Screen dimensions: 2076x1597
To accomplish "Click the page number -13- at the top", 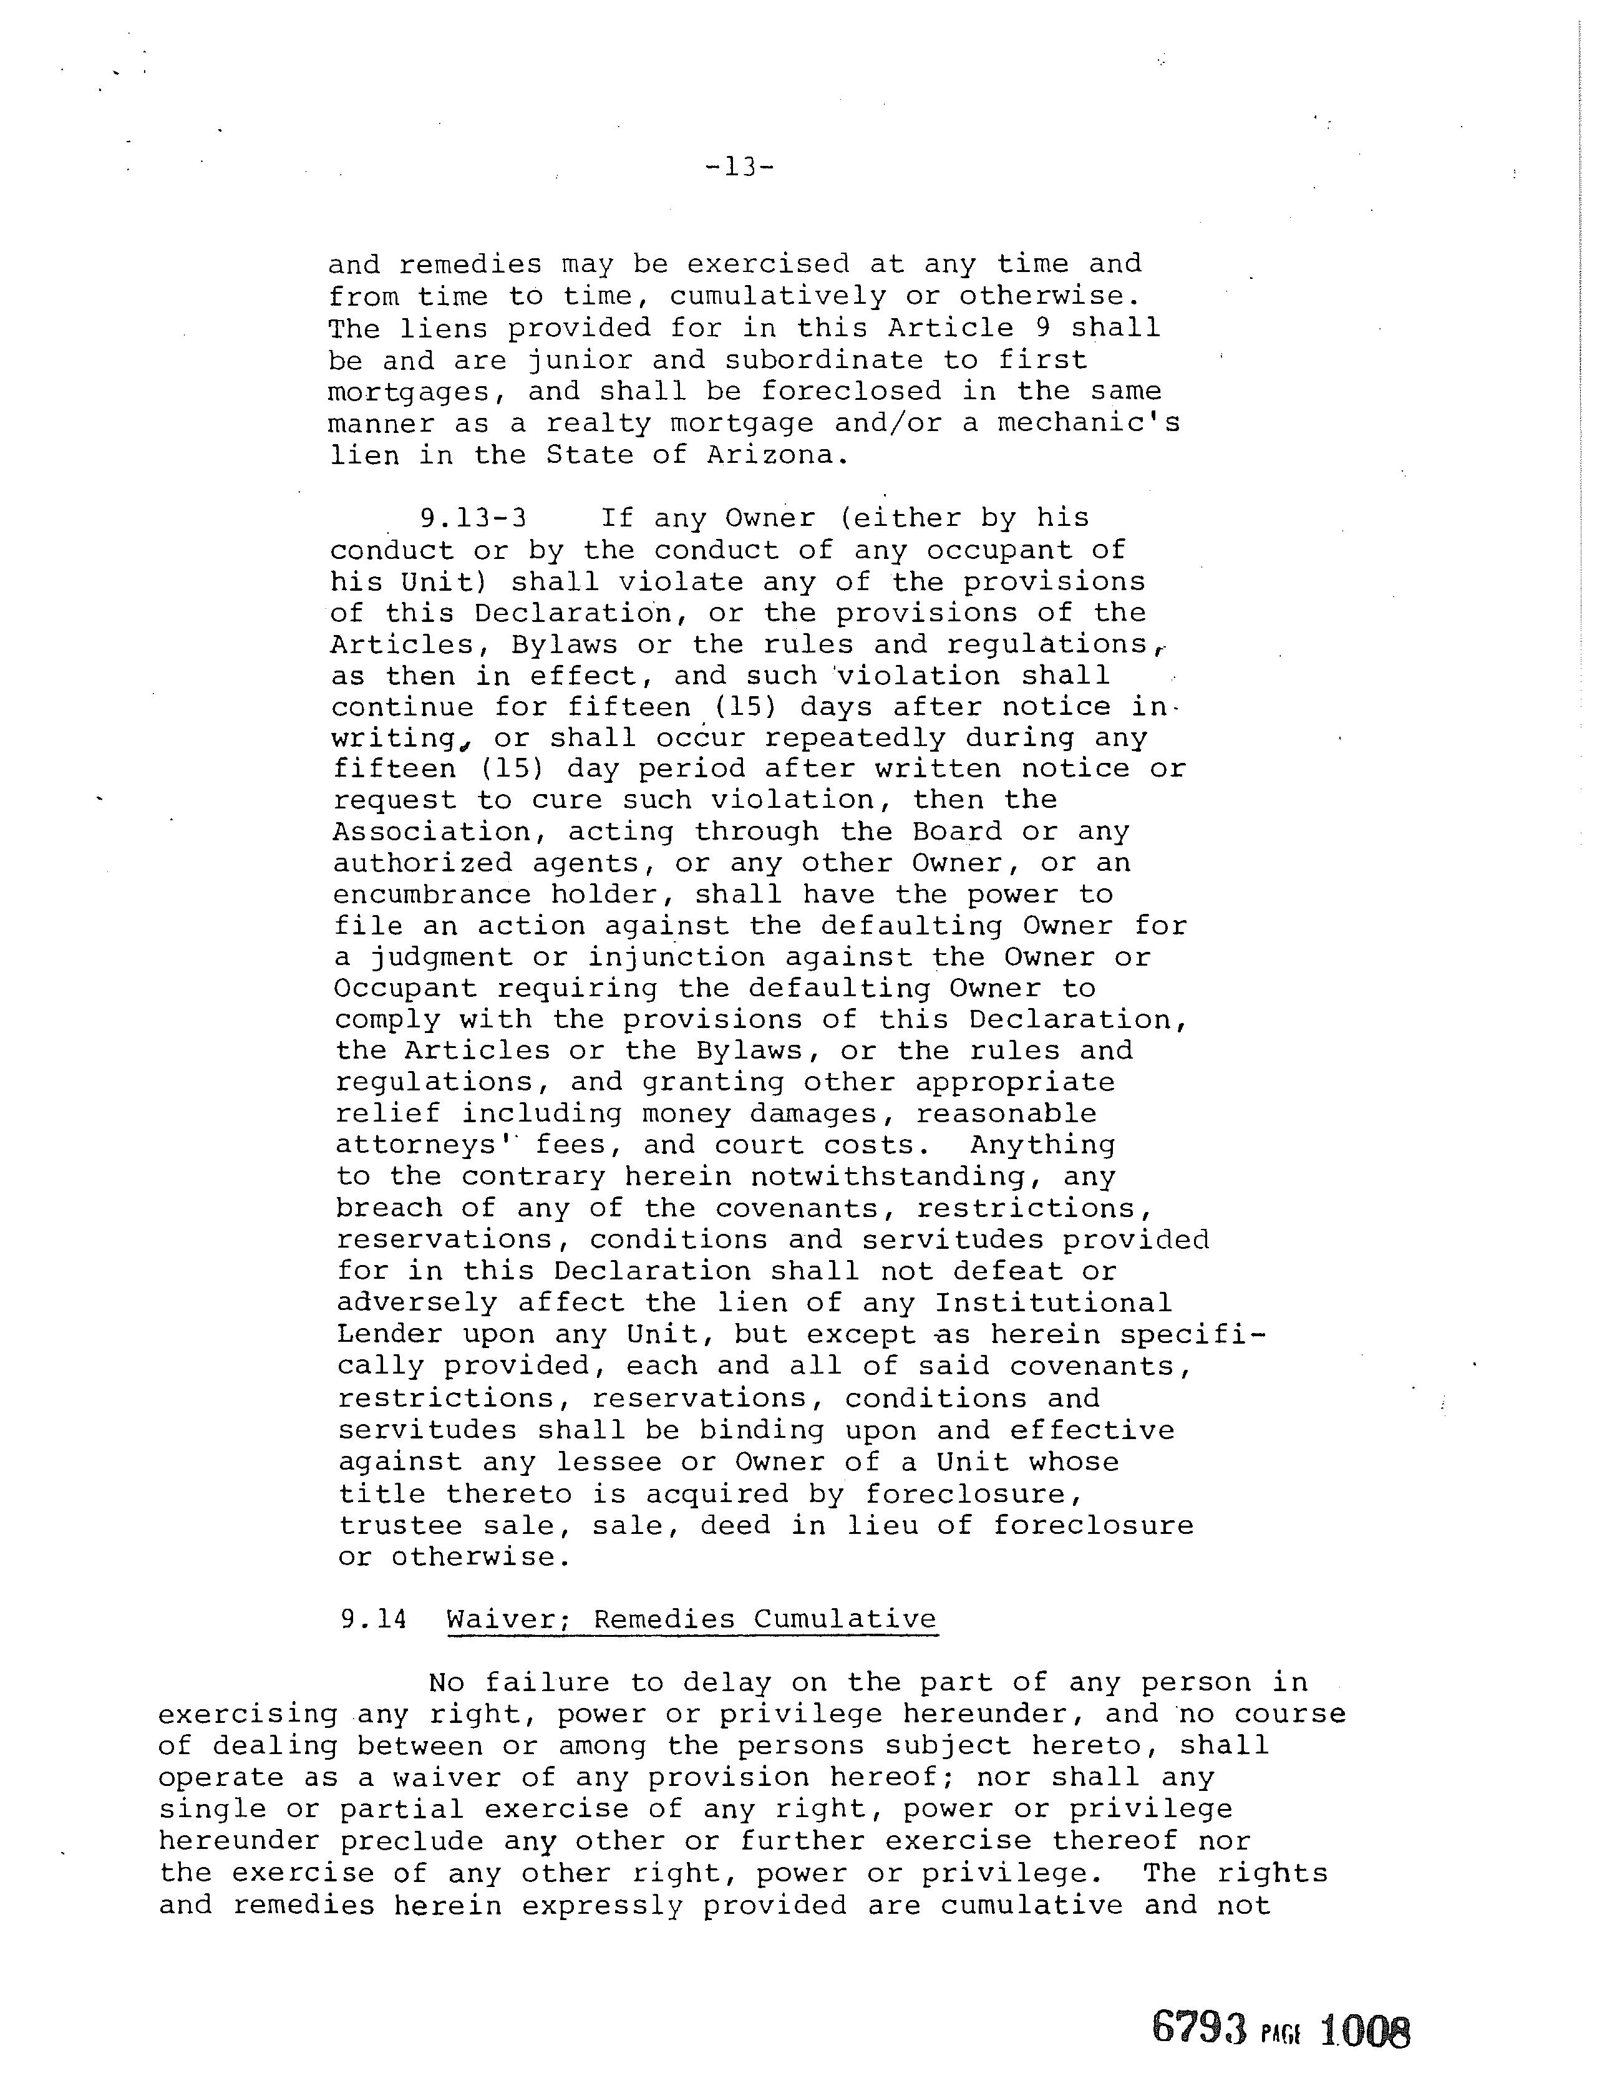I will (740, 167).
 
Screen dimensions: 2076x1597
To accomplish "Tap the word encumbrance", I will (432, 895).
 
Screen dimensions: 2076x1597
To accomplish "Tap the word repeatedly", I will (855, 737).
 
